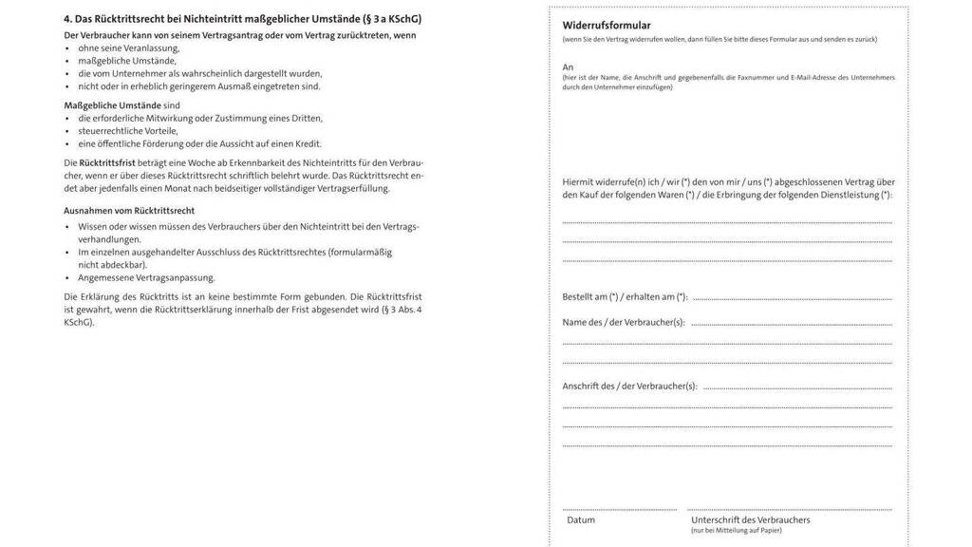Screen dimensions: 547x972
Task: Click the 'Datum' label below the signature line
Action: click(581, 519)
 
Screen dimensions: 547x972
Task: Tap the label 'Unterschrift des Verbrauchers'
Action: click(750, 519)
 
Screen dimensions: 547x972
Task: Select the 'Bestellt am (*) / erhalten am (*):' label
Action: click(625, 297)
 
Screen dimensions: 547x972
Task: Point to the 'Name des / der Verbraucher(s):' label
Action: click(623, 322)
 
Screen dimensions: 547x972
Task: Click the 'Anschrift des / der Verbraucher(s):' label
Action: click(629, 386)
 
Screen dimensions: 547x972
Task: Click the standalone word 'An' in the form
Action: click(568, 66)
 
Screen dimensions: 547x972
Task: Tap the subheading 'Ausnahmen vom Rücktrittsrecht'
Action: click(129, 210)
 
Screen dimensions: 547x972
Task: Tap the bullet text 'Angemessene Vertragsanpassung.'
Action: click(146, 278)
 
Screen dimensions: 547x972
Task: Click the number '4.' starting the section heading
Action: click(68, 18)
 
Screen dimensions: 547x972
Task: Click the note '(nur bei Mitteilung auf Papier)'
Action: click(737, 530)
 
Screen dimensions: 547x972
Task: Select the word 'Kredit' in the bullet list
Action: click(307, 143)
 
